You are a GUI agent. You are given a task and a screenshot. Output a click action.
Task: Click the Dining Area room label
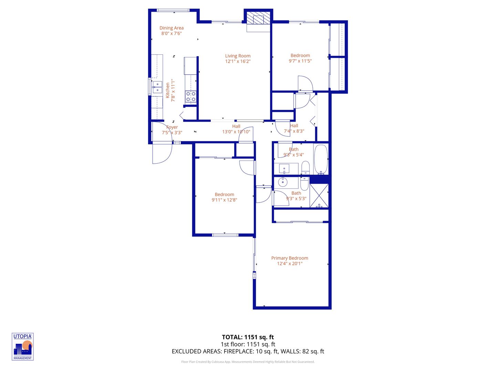click(x=171, y=28)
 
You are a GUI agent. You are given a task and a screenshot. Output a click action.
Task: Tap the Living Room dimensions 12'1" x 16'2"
click(x=238, y=61)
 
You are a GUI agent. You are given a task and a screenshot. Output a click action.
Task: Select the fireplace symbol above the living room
click(x=258, y=19)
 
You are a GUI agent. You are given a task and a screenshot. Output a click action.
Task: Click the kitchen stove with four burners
click(x=191, y=96)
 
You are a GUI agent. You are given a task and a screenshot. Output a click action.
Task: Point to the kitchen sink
click(x=157, y=87)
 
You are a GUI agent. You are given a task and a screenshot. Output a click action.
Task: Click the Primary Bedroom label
click(x=289, y=258)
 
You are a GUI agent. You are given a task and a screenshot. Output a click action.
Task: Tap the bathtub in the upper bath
click(x=321, y=159)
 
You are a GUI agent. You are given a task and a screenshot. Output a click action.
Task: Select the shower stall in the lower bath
click(x=319, y=196)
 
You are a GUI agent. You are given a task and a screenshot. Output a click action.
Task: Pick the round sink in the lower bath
click(x=283, y=182)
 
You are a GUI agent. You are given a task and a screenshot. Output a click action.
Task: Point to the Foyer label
click(x=172, y=127)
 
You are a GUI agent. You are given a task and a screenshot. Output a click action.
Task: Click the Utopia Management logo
click(x=23, y=347)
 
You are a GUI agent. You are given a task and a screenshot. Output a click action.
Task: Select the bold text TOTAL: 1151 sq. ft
click(x=248, y=337)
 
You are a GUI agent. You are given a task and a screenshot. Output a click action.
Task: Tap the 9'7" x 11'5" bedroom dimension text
click(x=300, y=61)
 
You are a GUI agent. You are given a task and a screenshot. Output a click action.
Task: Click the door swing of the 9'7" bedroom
click(x=305, y=84)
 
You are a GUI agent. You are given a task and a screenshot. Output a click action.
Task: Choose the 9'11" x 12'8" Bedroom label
click(x=224, y=194)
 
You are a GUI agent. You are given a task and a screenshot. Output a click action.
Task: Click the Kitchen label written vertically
click(x=168, y=90)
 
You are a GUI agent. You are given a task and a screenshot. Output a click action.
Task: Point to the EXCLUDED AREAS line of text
click(x=248, y=351)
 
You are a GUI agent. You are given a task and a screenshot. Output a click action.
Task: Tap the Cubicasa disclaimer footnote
click(x=248, y=362)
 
